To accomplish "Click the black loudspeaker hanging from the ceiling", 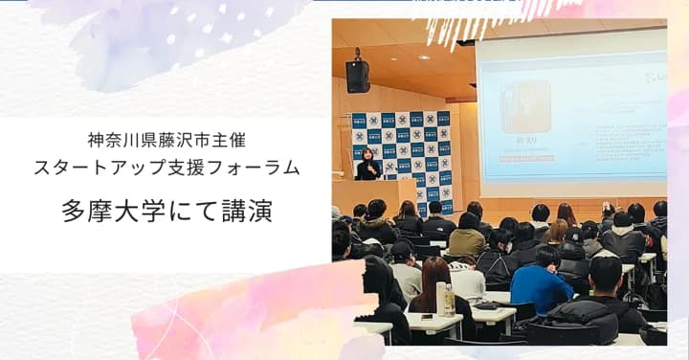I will (358, 74).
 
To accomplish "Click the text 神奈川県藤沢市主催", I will (167, 141).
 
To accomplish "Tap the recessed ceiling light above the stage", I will (422, 56).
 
